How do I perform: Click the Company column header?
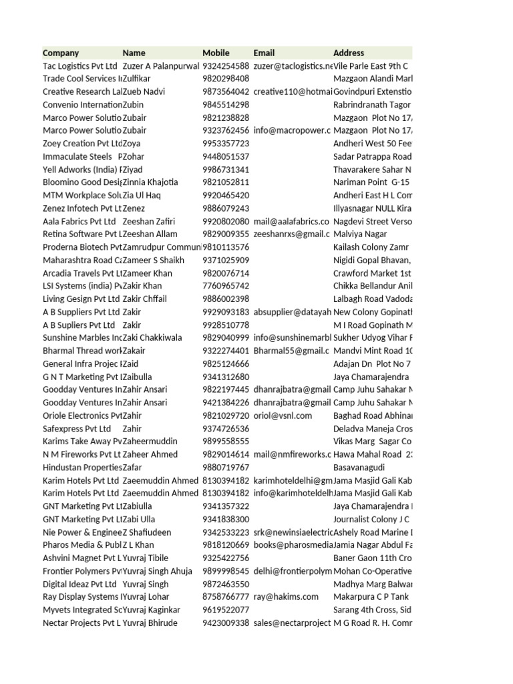(x=61, y=53)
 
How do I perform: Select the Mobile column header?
(x=216, y=53)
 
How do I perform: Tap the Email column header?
(x=265, y=53)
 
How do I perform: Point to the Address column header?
(x=349, y=53)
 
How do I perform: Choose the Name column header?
(x=134, y=53)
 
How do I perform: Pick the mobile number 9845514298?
(x=226, y=105)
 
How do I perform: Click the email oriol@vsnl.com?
(x=283, y=415)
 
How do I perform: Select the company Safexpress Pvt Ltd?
(x=77, y=429)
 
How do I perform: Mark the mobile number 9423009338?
(x=226, y=623)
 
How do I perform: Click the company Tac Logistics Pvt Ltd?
(x=79, y=66)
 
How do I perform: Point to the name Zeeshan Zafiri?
(x=149, y=222)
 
